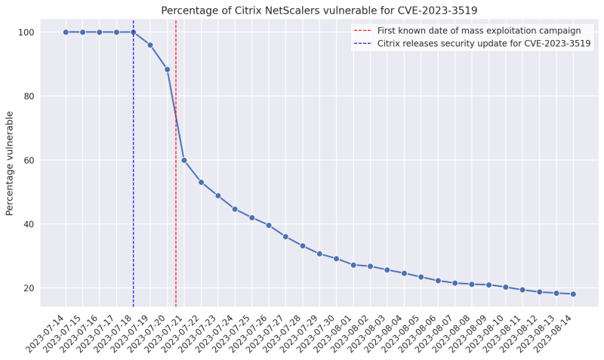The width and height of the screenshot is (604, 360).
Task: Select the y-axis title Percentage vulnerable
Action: point(10,163)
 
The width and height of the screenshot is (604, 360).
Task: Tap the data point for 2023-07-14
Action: point(66,32)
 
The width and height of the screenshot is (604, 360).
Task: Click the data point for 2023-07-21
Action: point(184,160)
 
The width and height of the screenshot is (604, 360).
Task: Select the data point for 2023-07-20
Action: point(167,69)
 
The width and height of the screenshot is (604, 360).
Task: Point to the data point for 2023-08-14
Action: point(573,294)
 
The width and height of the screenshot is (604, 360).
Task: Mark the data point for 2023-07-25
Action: point(251,217)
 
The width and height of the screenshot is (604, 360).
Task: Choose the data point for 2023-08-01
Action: point(353,265)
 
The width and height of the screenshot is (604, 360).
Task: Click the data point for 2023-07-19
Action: point(150,45)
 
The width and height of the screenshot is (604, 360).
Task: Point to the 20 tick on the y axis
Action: point(32,288)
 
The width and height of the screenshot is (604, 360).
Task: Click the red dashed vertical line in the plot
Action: point(176,226)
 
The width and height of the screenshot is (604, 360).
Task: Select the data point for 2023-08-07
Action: point(455,283)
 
